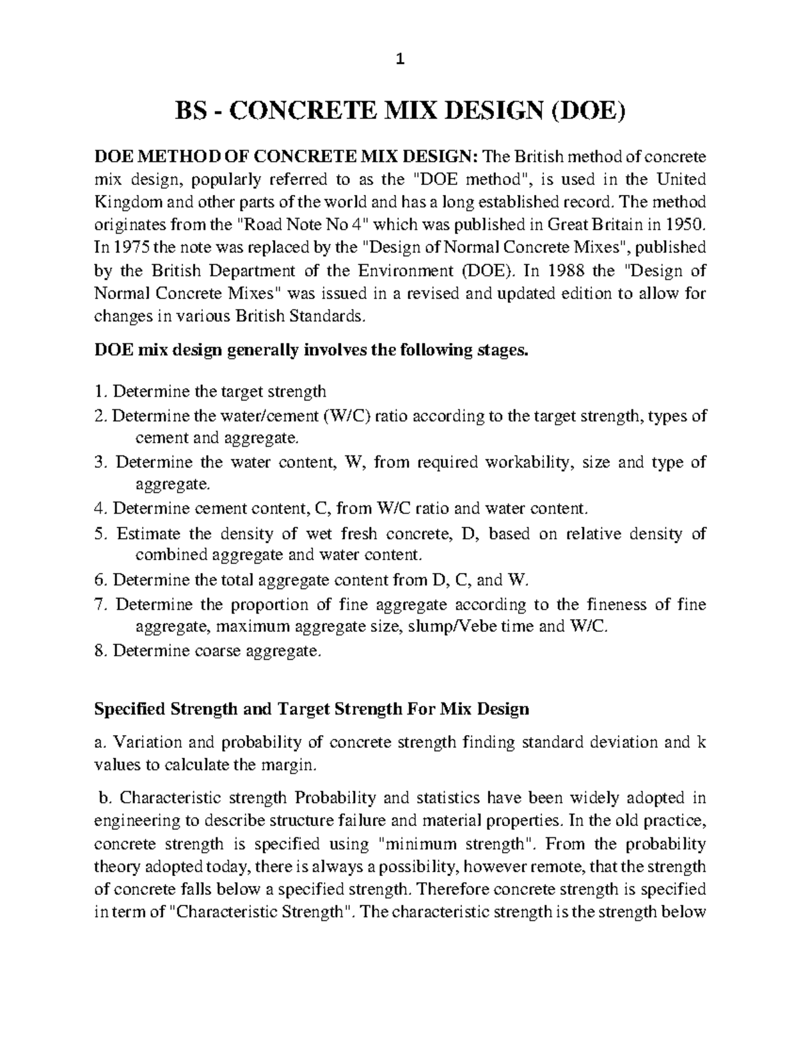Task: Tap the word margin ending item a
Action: click(x=290, y=765)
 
